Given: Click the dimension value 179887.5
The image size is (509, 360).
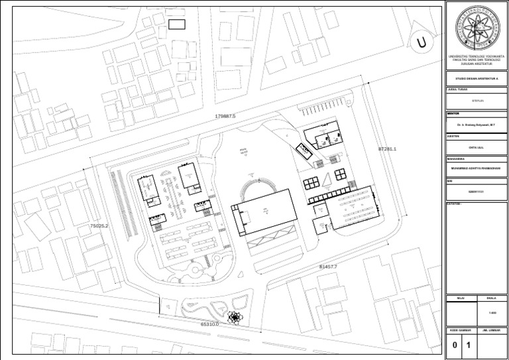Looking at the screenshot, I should click(225, 116).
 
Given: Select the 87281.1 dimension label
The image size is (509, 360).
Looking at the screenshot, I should click(386, 149).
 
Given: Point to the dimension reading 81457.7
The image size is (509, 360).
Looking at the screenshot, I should click(328, 266).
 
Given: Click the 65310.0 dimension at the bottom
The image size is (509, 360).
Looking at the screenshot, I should click(209, 324).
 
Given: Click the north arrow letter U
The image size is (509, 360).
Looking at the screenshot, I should click(421, 44).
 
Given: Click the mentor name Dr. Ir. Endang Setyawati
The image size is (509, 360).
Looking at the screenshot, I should click(477, 124).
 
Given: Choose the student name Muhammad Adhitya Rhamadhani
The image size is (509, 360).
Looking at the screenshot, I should click(477, 168).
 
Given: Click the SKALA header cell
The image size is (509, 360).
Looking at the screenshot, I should click(491, 298).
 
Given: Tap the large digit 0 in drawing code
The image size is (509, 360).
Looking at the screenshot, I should click(455, 345).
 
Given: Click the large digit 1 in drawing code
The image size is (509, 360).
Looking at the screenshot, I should click(468, 345).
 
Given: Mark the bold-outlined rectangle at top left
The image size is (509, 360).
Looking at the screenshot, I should click(176, 25).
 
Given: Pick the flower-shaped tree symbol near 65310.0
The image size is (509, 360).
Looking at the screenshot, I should click(235, 318).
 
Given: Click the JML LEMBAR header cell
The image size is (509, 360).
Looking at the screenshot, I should click(491, 330).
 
